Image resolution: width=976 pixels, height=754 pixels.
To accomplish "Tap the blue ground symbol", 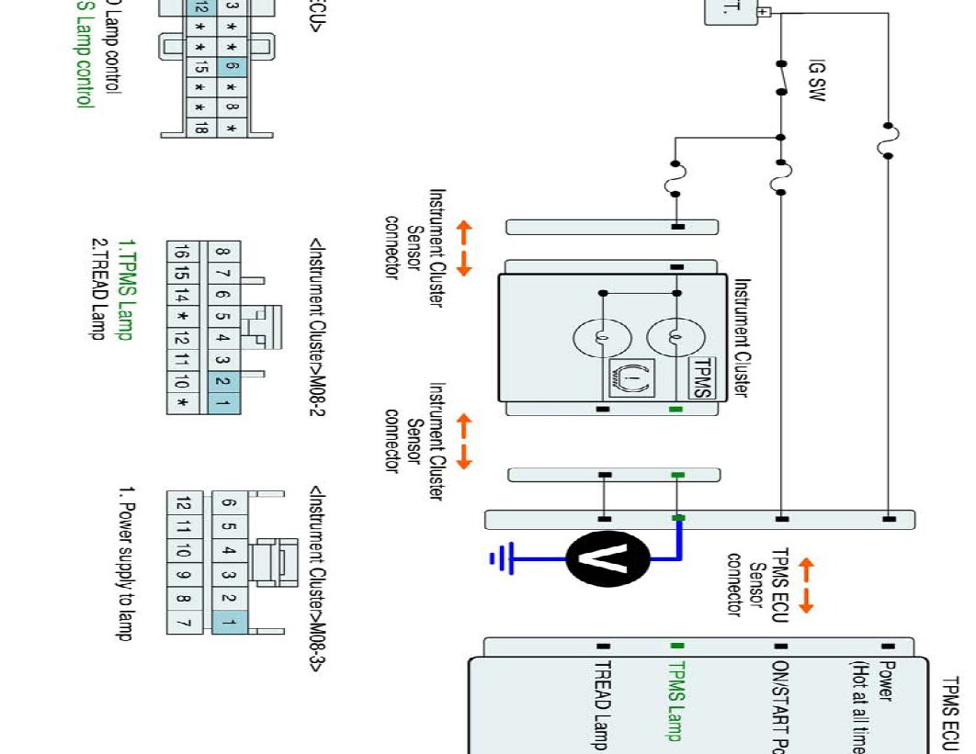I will click(x=500, y=558).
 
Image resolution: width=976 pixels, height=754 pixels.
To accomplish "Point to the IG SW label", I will click(x=816, y=81).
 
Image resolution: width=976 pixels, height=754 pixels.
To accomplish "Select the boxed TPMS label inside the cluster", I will click(x=702, y=376).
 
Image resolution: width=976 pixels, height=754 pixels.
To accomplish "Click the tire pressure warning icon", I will click(x=627, y=377).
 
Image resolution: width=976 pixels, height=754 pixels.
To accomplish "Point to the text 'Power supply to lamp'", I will click(x=127, y=569).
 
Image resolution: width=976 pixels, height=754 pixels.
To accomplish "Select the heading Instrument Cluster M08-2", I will click(x=317, y=327).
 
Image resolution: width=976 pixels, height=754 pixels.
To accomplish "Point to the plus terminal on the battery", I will click(x=763, y=13).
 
